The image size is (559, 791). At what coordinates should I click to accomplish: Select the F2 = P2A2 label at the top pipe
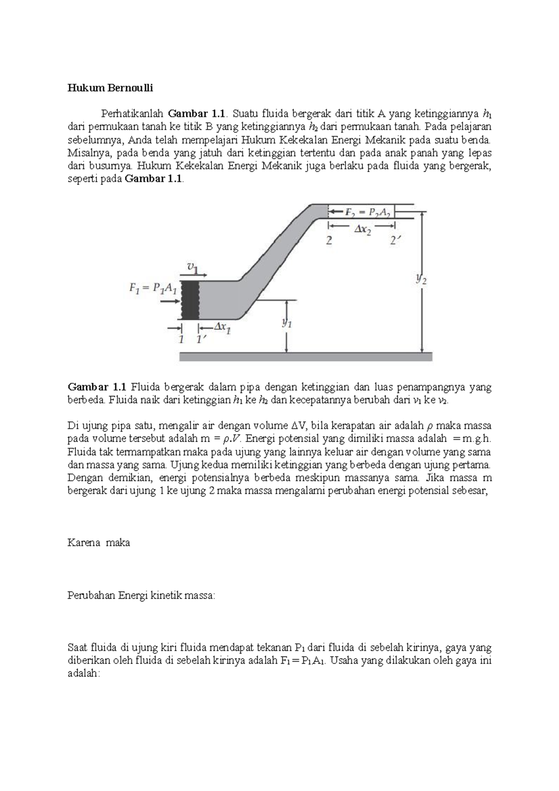point(368,212)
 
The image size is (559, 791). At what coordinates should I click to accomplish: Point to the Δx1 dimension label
point(222,328)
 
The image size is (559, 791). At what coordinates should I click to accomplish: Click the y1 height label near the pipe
point(287,324)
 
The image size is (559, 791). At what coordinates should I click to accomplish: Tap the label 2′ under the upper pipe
point(395,241)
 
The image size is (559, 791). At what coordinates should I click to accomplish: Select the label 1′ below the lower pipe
point(201,340)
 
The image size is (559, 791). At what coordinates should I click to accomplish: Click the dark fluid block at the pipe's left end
point(190,300)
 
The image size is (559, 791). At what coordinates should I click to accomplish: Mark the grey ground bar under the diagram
point(306,356)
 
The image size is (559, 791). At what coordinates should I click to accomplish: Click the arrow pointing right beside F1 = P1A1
point(170,302)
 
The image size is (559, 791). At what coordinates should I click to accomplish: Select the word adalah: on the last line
point(84,674)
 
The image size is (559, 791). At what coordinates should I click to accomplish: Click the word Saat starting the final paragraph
point(77,648)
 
